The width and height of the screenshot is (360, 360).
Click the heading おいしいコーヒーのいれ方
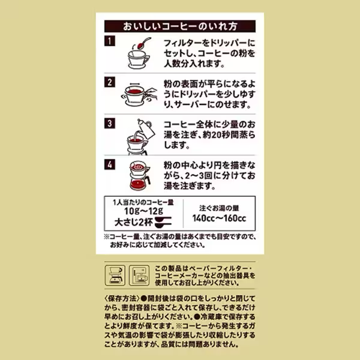(x=180, y=26)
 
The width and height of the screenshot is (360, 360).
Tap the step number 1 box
(x=110, y=41)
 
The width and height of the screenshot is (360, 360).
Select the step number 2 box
(x=110, y=82)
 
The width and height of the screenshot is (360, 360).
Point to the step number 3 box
(x=110, y=123)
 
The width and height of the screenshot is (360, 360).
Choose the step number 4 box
(x=110, y=164)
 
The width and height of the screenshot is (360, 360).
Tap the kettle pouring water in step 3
(x=145, y=129)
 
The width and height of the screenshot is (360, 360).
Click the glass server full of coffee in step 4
(x=140, y=182)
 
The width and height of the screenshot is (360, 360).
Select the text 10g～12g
(x=143, y=211)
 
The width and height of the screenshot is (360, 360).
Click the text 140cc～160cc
(x=219, y=218)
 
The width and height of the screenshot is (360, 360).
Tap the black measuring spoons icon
(x=163, y=222)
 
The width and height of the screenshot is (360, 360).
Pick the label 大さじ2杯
(x=133, y=222)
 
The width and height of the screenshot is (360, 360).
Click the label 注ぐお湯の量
(x=219, y=208)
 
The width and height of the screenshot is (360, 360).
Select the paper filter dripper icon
(x=115, y=275)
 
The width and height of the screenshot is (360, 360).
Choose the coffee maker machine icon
(x=139, y=275)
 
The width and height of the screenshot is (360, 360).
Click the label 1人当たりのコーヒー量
(x=143, y=202)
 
